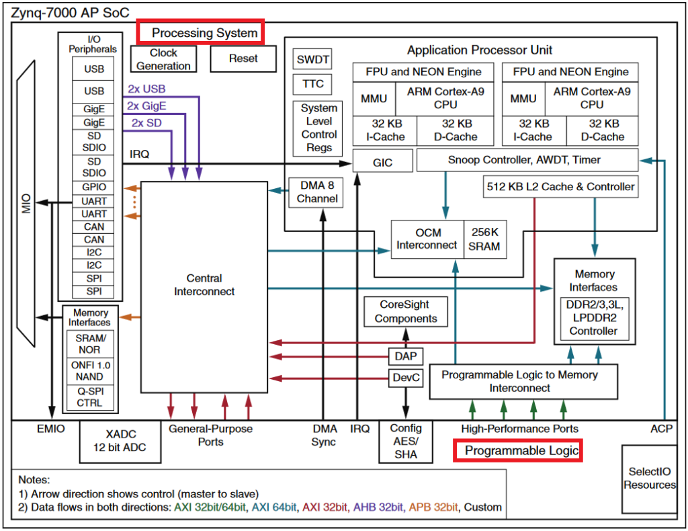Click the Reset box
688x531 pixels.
(243, 58)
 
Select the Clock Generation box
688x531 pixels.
(163, 59)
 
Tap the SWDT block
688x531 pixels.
(312, 60)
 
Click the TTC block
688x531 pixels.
(312, 84)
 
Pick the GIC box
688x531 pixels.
(382, 162)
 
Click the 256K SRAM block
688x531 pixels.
(484, 239)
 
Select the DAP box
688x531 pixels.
(406, 356)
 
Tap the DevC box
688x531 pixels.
(406, 378)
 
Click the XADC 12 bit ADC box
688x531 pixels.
(121, 442)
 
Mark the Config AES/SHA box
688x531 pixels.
(406, 441)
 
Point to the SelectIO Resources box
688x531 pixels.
(650, 478)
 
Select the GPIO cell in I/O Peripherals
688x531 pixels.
(94, 188)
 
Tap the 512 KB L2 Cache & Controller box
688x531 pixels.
(559, 187)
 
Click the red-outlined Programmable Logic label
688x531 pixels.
(517, 451)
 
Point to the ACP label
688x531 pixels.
(661, 428)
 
